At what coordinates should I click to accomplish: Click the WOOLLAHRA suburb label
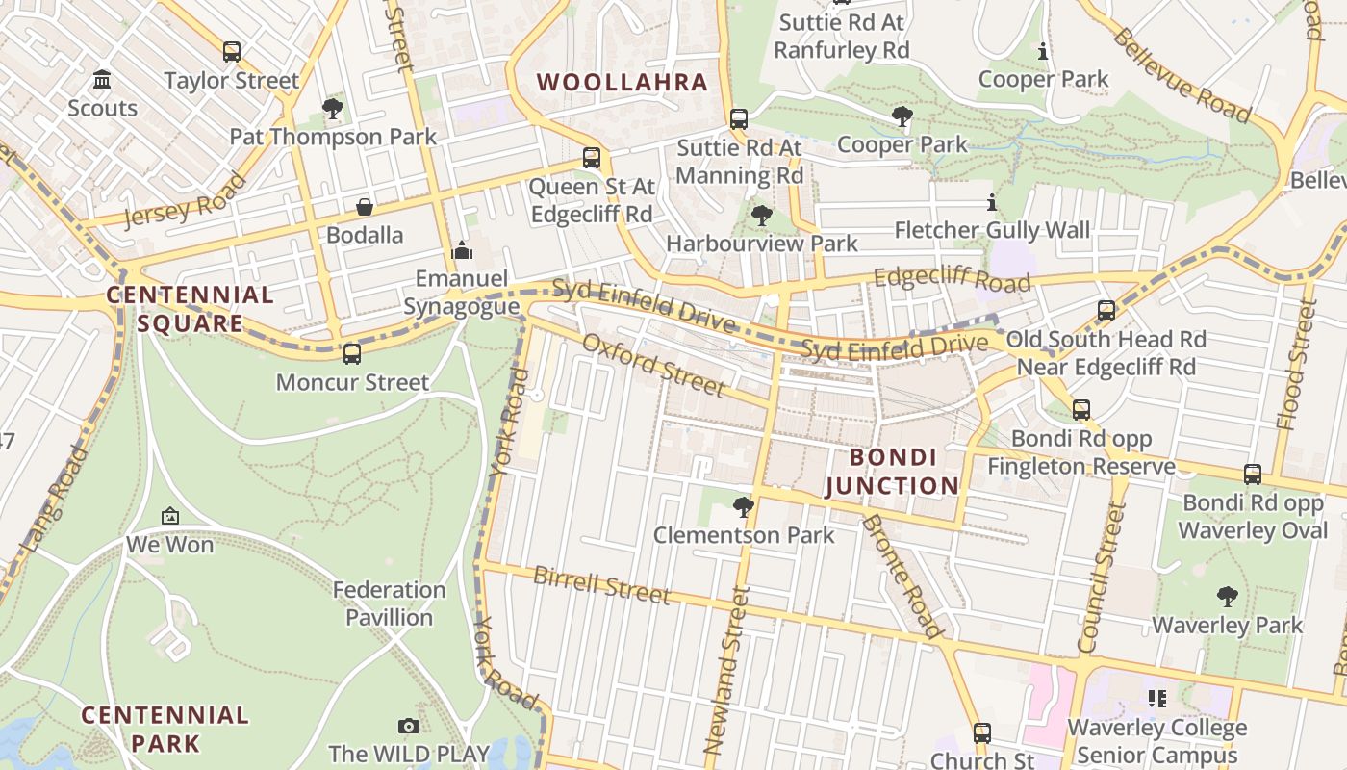623,83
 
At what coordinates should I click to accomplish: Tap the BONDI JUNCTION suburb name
892,472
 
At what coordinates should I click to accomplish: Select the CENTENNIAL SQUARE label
190,309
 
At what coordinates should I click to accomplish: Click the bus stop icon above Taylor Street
231,52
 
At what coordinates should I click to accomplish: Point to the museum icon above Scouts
102,80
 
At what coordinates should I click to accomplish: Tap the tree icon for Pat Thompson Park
333,109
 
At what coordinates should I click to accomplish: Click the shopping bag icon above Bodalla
365,207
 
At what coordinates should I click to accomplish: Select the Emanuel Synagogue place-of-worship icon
462,250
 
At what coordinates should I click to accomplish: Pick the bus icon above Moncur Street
352,354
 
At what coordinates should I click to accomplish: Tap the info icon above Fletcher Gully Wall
992,202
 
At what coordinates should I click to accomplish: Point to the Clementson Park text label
744,535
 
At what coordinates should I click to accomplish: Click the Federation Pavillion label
390,603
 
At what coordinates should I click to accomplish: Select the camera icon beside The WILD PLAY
409,727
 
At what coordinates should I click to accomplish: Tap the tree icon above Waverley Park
1227,597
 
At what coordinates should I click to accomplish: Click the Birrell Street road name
600,585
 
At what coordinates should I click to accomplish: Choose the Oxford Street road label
652,365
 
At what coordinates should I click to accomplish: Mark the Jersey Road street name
185,200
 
